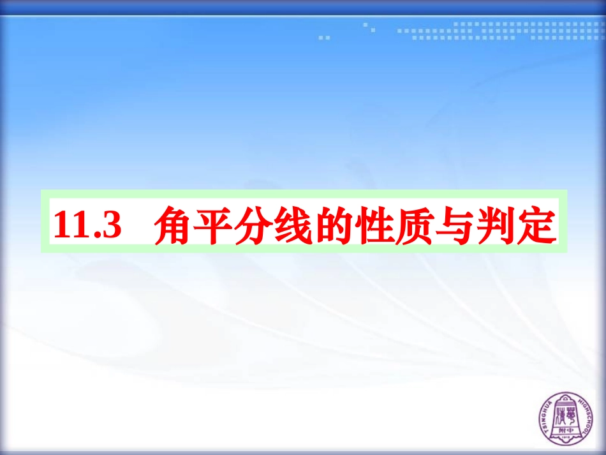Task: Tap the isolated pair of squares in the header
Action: (x=325, y=38)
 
